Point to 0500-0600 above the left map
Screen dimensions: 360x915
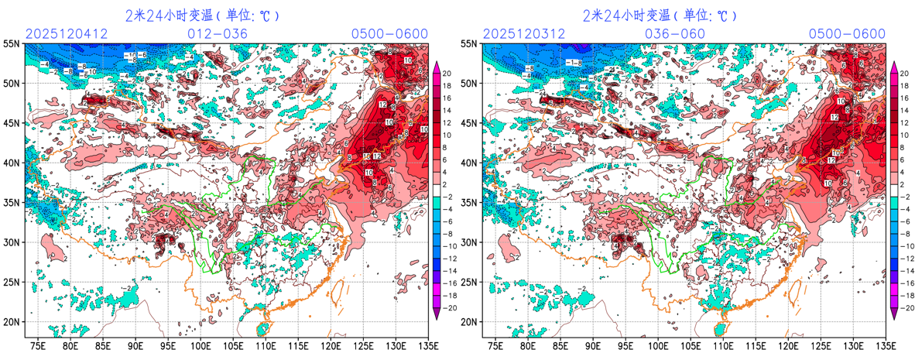389,34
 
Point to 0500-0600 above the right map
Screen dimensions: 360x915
847,34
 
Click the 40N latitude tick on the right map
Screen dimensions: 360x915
469,163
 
